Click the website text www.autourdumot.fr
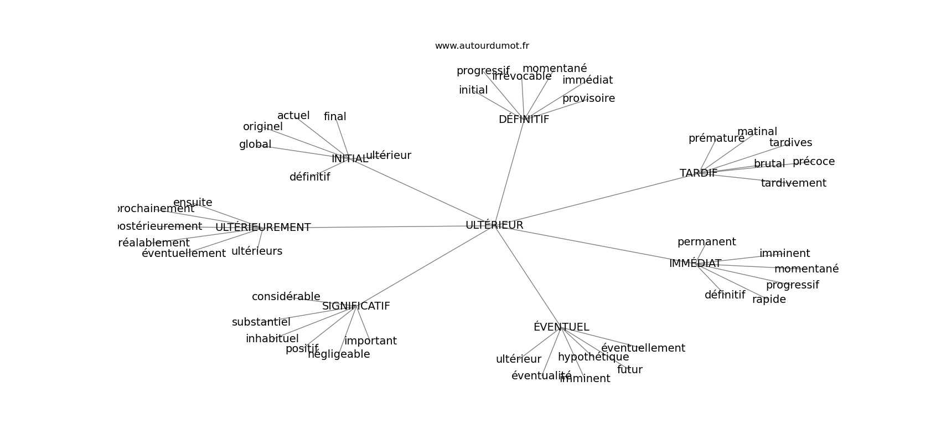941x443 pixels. pyautogui.click(x=482, y=46)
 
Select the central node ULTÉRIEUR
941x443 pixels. pyautogui.click(x=494, y=225)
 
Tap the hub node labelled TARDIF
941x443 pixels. pyautogui.click(x=698, y=173)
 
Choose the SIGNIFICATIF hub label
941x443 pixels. pyautogui.click(x=356, y=306)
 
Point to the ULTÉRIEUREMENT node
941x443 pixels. pyautogui.click(x=263, y=228)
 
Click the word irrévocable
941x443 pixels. pyautogui.click(x=522, y=76)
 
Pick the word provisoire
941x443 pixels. pyautogui.click(x=588, y=99)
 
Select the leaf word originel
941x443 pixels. pyautogui.click(x=263, y=127)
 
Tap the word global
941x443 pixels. pyautogui.click(x=255, y=145)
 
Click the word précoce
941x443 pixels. pyautogui.click(x=813, y=162)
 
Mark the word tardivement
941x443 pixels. pyautogui.click(x=793, y=183)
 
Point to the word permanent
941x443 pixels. pyautogui.click(x=706, y=242)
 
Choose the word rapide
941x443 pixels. pyautogui.click(x=769, y=300)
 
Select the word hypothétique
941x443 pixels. pyautogui.click(x=593, y=357)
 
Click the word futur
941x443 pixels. pyautogui.click(x=629, y=370)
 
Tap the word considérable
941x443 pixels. pyautogui.click(x=286, y=297)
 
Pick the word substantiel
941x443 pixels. pyautogui.click(x=261, y=322)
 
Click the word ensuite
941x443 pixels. pyautogui.click(x=193, y=203)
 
